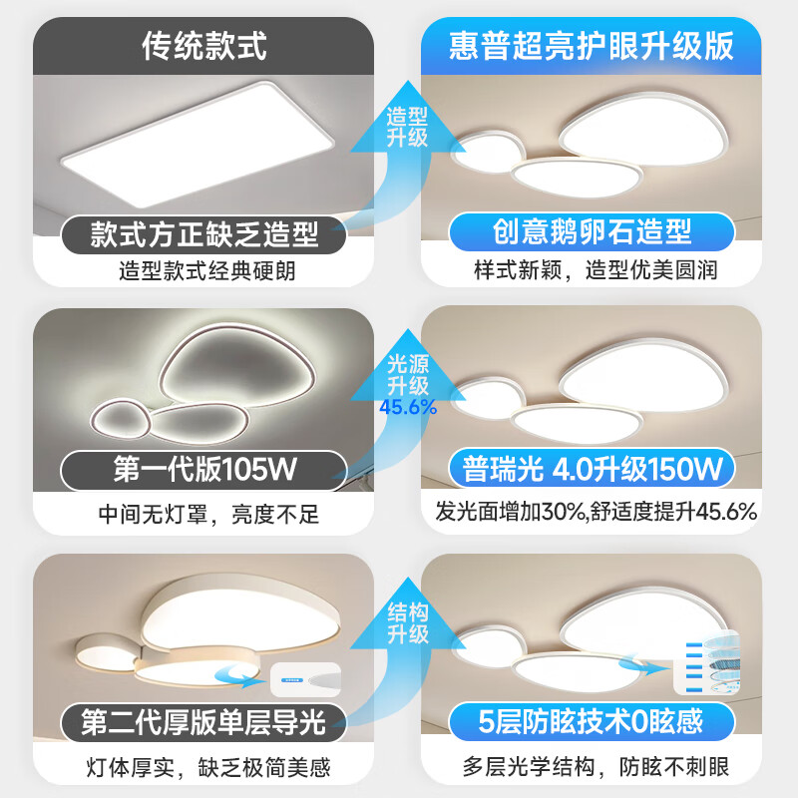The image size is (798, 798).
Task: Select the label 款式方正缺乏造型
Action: (x=204, y=234)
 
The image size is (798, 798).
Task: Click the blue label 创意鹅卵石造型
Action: (x=593, y=232)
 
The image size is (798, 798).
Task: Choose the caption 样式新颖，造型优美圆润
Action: (x=596, y=271)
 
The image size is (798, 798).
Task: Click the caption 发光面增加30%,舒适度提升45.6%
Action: (x=596, y=513)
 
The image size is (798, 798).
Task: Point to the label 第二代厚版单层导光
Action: (x=204, y=721)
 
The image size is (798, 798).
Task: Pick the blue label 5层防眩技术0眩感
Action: (x=593, y=719)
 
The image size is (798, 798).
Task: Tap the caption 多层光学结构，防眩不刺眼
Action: (x=596, y=767)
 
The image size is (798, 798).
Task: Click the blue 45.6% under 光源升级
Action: (x=408, y=406)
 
